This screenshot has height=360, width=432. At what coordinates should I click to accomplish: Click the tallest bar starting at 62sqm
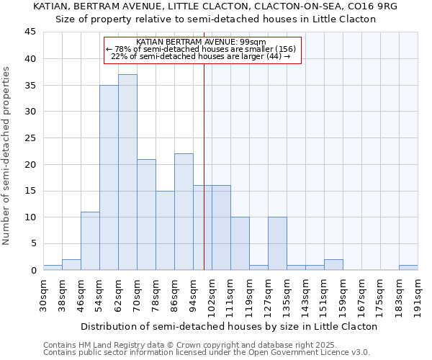pos(127,172)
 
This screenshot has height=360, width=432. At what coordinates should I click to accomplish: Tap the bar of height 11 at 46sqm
pos(90,240)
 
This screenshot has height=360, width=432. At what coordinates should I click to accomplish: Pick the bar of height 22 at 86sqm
pos(184,212)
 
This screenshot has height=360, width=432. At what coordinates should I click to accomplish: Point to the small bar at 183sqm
pos(408,267)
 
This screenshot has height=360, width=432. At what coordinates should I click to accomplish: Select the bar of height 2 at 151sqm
pos(333,264)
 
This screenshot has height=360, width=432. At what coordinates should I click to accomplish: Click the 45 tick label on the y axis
pos(30,32)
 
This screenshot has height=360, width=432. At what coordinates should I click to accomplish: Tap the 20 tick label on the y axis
pos(30,164)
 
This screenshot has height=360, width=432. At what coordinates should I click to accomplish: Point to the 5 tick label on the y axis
pos(33,243)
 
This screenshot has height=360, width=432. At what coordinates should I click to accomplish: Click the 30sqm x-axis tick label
pos(44,295)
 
